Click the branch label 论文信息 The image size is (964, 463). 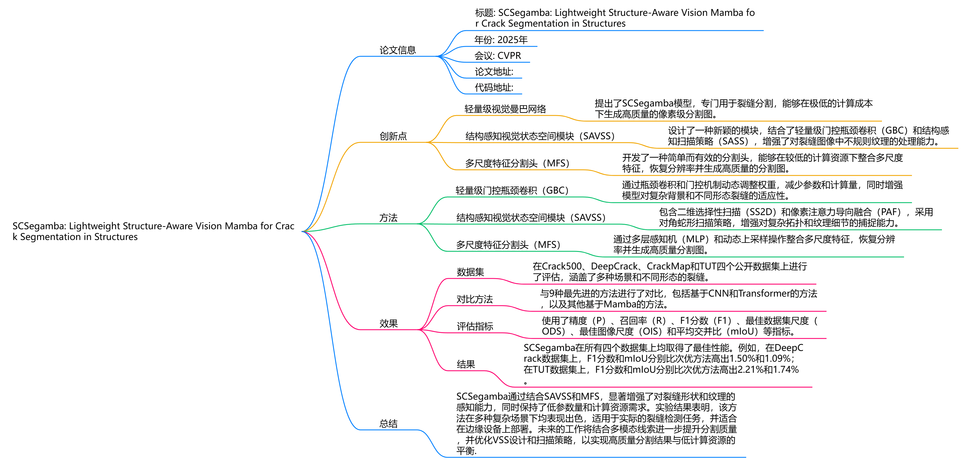point(397,50)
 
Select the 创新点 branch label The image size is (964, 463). point(393,136)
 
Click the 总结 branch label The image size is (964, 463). point(388,424)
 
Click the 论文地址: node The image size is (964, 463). point(494,72)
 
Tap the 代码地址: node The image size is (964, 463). point(494,87)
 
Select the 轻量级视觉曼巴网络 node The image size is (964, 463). point(505,109)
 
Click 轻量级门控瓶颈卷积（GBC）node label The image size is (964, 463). point(512,190)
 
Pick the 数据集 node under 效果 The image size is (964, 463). point(470,272)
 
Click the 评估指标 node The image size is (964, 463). point(475,326)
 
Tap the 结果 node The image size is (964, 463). point(466,365)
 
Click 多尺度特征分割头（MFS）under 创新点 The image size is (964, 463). point(517,164)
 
